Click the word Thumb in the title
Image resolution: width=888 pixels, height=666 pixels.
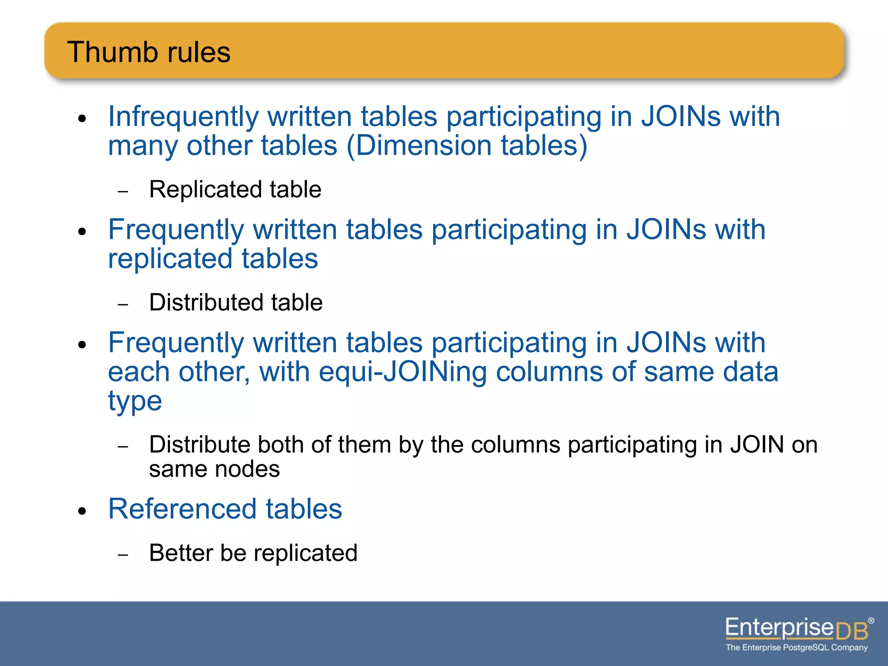(x=111, y=52)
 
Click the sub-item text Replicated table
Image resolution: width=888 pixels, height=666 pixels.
(x=235, y=189)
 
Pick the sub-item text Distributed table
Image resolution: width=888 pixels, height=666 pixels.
(x=236, y=302)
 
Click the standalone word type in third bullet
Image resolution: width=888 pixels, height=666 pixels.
(x=135, y=401)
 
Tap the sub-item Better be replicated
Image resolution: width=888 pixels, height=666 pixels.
(x=253, y=553)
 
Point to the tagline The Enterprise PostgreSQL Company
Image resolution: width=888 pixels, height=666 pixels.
(x=797, y=648)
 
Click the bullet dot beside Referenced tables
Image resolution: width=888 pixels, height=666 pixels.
(x=82, y=511)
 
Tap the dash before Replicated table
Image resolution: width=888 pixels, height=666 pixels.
(x=123, y=191)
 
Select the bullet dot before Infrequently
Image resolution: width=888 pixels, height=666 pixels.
(x=82, y=119)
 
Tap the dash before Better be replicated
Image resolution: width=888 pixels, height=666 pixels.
(x=123, y=555)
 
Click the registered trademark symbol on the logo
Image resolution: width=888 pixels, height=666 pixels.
(x=871, y=620)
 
